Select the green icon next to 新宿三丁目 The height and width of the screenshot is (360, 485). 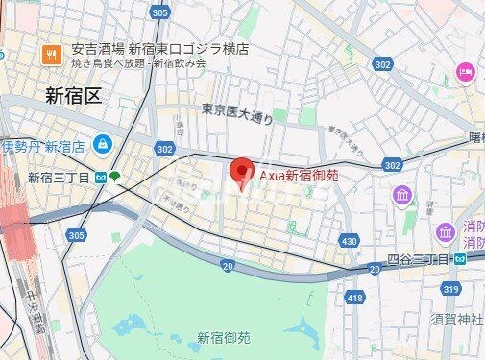click(x=115, y=177)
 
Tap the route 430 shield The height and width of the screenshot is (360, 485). click(x=349, y=240)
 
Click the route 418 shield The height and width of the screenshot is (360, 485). click(x=354, y=300)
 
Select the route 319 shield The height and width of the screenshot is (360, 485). click(x=450, y=288)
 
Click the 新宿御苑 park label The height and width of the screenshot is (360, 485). click(x=224, y=337)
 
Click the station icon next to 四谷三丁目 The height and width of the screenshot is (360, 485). click(x=461, y=259)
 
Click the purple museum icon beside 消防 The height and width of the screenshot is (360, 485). click(x=445, y=232)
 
